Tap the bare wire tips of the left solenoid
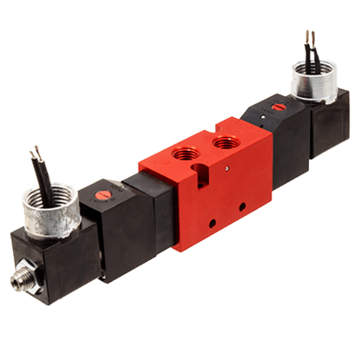(x=36, y=150)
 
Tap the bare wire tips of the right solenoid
(x=308, y=36)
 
